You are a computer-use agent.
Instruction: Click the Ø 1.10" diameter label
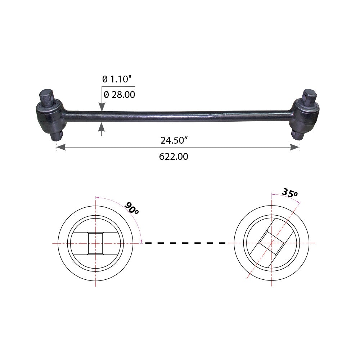click(117, 79)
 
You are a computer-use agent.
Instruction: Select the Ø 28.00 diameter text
click(120, 95)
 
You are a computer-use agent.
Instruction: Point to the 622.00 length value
click(174, 157)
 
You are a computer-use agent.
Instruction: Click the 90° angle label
click(131, 208)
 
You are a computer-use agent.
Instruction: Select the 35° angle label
click(289, 193)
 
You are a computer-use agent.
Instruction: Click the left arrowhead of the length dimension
click(61, 147)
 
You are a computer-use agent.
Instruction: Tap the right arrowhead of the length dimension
click(294, 147)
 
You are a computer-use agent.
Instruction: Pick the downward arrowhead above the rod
click(102, 107)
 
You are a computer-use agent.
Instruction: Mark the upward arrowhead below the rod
click(102, 127)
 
